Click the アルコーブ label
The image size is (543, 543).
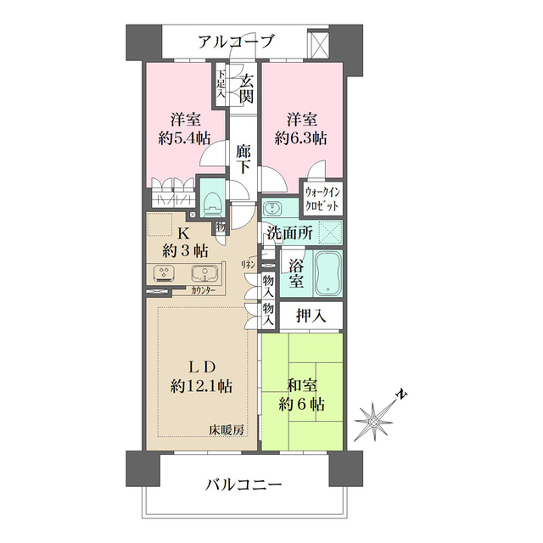pyautogui.click(x=237, y=41)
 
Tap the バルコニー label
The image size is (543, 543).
pyautogui.click(x=244, y=485)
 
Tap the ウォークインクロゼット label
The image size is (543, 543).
pyautogui.click(x=322, y=200)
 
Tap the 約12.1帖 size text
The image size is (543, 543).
pyautogui.click(x=202, y=386)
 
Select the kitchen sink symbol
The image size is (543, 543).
pyautogui.click(x=204, y=273)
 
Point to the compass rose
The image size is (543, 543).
pyautogui.click(x=375, y=420)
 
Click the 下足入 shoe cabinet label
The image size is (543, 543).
pyautogui.click(x=220, y=83)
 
